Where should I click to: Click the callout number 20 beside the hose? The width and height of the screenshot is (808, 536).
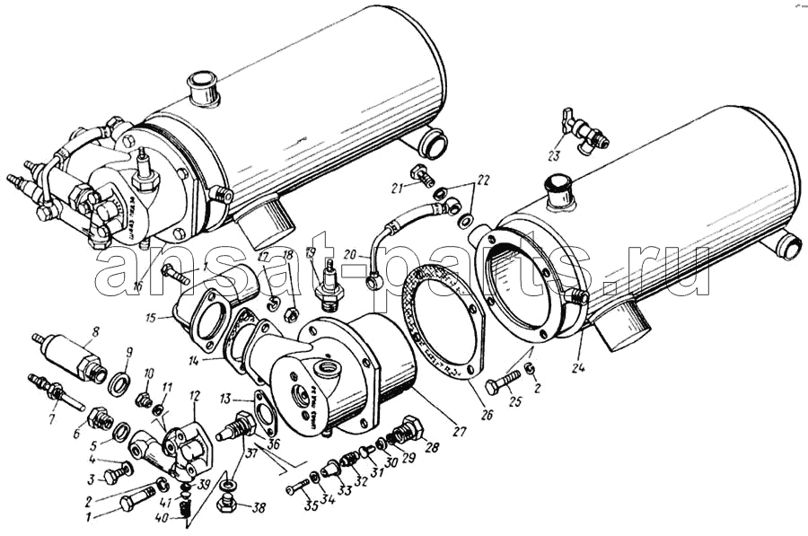pyautogui.click(x=351, y=254)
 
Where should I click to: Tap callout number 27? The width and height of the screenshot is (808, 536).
pyautogui.click(x=459, y=430)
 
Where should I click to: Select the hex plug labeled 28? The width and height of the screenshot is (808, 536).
pyautogui.click(x=409, y=431)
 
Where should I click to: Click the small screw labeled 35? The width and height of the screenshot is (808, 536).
pyautogui.click(x=296, y=488)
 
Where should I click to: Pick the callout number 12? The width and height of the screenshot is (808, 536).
pyautogui.click(x=195, y=394)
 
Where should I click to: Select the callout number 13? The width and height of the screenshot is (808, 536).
pyautogui.click(x=225, y=398)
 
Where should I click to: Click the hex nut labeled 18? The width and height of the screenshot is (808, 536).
pyautogui.click(x=290, y=314)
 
